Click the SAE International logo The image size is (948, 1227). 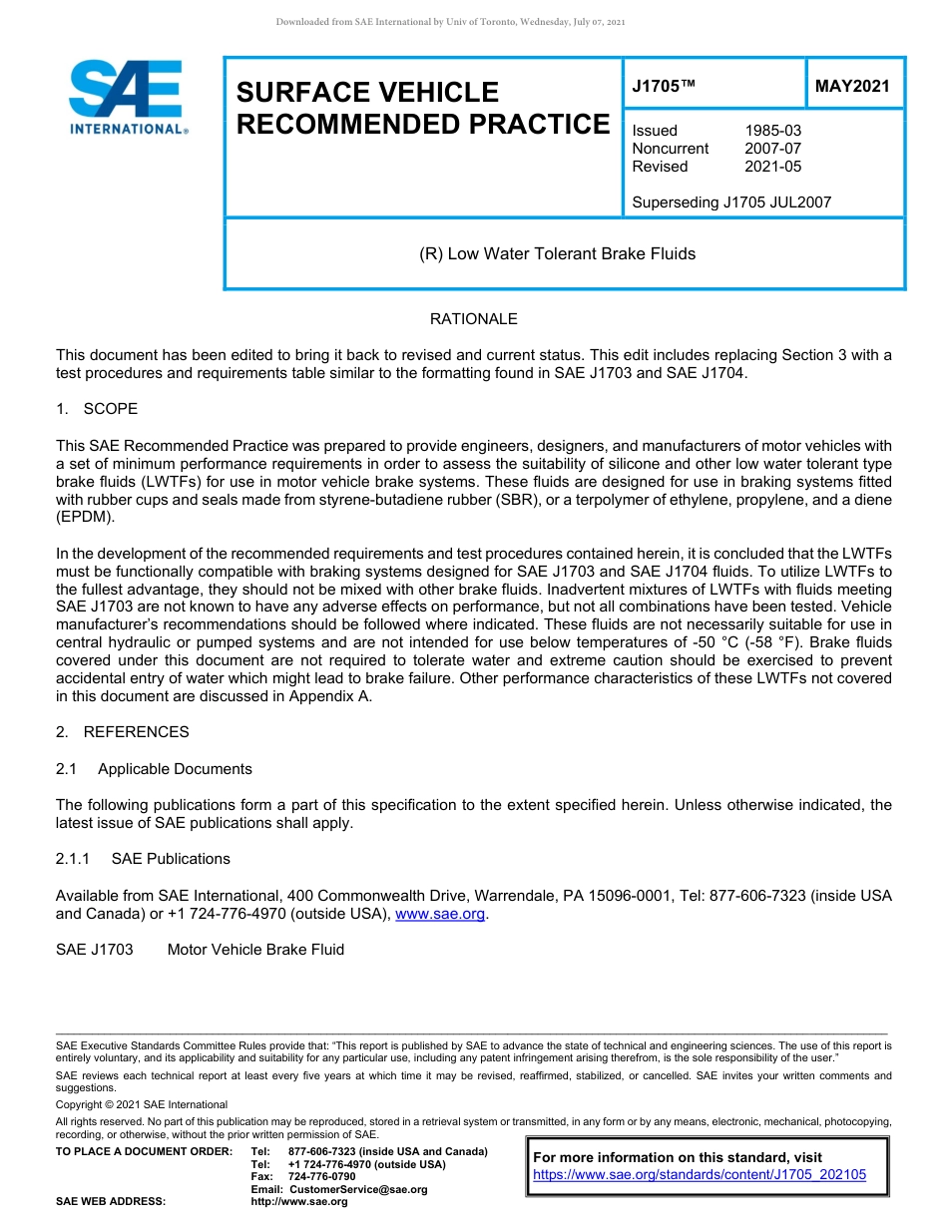(127, 98)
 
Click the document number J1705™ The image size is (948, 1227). (664, 87)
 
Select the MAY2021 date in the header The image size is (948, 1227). (851, 87)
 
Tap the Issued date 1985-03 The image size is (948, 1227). (772, 131)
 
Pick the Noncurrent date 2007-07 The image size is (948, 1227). (772, 149)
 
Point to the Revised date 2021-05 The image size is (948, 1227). (772, 167)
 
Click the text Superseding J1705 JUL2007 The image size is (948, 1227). (731, 203)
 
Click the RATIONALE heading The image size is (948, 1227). (473, 319)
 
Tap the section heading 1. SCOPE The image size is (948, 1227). (97, 409)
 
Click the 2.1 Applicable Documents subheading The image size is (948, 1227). (154, 769)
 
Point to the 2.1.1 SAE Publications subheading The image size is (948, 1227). (143, 859)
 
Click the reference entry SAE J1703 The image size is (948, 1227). (95, 950)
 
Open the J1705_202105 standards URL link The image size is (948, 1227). (700, 1175)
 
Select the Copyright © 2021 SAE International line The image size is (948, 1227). (142, 1104)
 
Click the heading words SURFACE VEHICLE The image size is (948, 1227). (367, 93)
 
